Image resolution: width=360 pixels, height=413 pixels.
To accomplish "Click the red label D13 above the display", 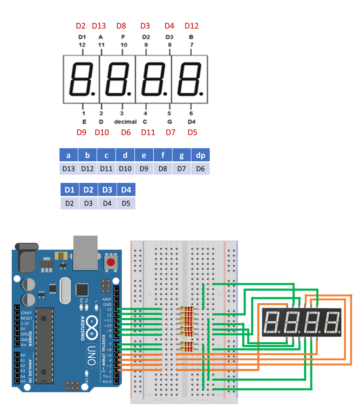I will (x=99, y=26).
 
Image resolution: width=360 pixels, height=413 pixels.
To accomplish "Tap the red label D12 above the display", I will (x=191, y=26).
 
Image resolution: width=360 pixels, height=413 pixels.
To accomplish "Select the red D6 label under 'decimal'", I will (x=126, y=132).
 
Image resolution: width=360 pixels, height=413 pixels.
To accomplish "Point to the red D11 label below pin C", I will (x=148, y=132).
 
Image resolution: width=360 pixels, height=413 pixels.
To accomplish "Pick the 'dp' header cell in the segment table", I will (x=200, y=155).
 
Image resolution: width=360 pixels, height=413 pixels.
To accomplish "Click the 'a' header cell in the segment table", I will (x=69, y=155).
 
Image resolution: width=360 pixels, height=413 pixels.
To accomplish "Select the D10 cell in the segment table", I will (x=125, y=168).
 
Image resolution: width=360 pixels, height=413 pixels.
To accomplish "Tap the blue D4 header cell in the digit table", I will (x=126, y=190).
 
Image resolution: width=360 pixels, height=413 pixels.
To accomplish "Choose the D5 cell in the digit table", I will (x=126, y=203).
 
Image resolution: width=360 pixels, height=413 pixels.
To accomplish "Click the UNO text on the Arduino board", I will (x=91, y=355).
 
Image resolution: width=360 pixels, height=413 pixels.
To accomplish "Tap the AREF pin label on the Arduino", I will (x=107, y=299).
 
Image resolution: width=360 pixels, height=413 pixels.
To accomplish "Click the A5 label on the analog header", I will (x=23, y=381).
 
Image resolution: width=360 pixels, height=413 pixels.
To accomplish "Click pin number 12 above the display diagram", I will (x=82, y=44).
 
